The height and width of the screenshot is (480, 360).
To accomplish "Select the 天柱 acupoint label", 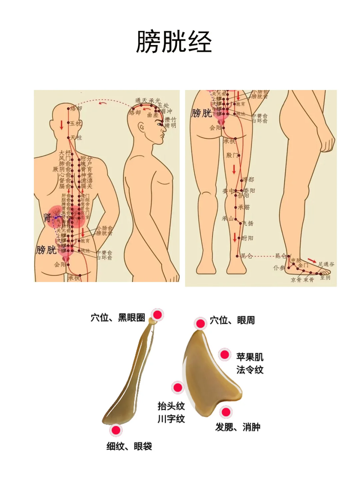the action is pyautogui.click(x=76, y=137).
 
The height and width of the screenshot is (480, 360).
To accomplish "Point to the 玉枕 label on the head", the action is pyautogui.click(x=76, y=123).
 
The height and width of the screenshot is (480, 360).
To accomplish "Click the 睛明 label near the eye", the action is pyautogui.click(x=170, y=126).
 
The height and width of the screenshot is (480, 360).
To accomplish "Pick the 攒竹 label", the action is pyautogui.click(x=170, y=119).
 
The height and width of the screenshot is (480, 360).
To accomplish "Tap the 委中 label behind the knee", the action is pyautogui.click(x=228, y=191).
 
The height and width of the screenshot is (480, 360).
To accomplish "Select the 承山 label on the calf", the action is pyautogui.click(x=228, y=219).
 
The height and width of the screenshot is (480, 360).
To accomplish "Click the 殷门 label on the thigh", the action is pyautogui.click(x=232, y=155).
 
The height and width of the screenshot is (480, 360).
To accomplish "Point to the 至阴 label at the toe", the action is pyautogui.click(x=325, y=278).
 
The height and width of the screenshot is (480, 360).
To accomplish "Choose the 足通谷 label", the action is pyautogui.click(x=326, y=264).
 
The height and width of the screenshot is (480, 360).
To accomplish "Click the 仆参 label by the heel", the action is pyautogui.click(x=279, y=268).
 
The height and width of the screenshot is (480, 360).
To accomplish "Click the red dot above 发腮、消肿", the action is pyautogui.click(x=226, y=412).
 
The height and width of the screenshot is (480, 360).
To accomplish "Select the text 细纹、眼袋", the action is pyautogui.click(x=129, y=446).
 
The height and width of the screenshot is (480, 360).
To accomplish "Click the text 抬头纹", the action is pyautogui.click(x=171, y=406).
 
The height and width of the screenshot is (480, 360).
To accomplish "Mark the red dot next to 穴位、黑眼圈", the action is pyautogui.click(x=157, y=315).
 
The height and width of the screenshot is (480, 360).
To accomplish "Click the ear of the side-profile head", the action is pyautogui.click(x=142, y=127).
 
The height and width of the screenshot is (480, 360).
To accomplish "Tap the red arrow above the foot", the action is pyautogui.click(x=312, y=260).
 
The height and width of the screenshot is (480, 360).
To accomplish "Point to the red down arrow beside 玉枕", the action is pyautogui.click(x=62, y=125).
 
